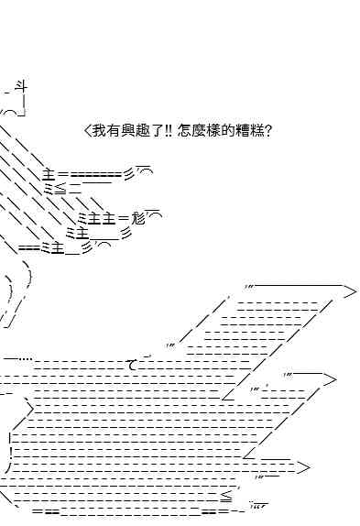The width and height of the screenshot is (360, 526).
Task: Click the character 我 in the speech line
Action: tap(100, 130)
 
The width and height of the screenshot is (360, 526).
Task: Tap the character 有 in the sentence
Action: tap(114, 130)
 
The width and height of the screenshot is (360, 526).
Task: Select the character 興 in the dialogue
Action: tap(128, 130)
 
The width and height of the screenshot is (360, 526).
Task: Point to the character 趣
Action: tap(143, 130)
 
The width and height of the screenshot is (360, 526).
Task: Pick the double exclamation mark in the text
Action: tap(169, 130)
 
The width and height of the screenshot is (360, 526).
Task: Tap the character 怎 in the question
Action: tap(185, 130)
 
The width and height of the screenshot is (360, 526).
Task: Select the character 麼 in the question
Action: tap(200, 130)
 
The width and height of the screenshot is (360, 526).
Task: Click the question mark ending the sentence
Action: tap(268, 130)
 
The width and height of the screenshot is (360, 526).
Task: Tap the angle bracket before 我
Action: tap(88, 130)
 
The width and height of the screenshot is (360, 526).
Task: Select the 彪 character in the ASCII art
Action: tap(137, 219)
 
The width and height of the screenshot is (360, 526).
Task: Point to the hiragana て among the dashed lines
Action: tap(133, 365)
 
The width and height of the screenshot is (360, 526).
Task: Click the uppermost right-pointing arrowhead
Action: tap(349, 291)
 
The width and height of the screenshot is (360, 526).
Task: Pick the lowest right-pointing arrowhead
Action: tap(302, 467)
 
